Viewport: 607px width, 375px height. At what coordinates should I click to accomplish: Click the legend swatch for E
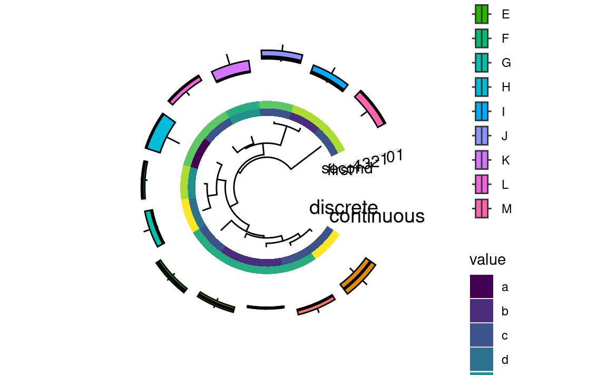482,14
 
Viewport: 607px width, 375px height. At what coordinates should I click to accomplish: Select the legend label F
505,39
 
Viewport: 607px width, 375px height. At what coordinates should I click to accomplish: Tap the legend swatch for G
482,63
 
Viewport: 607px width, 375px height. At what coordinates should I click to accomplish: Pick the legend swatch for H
482,87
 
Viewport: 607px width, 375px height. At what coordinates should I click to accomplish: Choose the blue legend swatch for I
482,111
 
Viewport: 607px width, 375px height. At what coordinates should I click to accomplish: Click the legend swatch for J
482,136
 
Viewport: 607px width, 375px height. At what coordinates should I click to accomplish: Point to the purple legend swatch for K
482,160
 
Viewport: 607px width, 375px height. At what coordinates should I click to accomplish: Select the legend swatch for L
482,185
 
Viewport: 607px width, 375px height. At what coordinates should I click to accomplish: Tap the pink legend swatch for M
482,209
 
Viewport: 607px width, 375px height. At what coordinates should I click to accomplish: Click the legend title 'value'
487,259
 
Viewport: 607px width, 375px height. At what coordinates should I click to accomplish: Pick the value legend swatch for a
482,287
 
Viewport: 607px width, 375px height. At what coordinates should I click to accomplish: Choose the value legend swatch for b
482,311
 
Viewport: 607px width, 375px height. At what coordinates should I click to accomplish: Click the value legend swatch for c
482,335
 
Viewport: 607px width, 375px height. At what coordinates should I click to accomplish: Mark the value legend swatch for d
482,360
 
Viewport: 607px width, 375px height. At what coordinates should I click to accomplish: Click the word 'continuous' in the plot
377,216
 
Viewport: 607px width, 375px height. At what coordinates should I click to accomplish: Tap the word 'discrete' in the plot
343,207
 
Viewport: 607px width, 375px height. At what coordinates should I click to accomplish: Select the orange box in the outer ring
358,276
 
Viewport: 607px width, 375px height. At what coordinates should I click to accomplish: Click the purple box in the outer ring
231,71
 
